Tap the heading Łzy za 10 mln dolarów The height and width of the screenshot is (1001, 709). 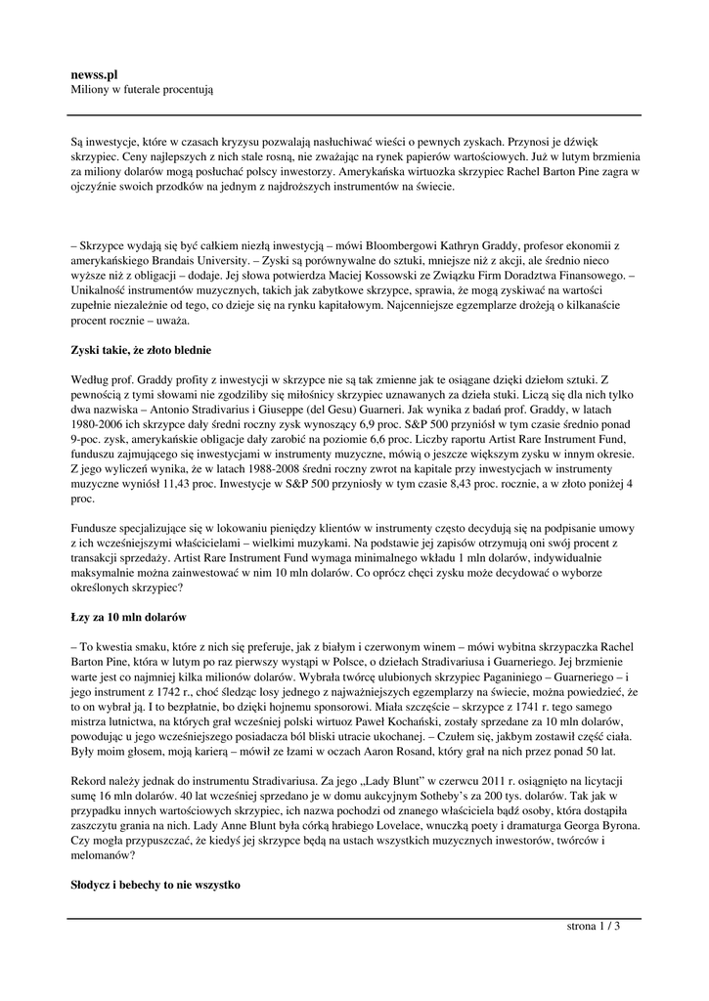[127, 619]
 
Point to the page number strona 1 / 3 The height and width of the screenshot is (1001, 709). [594, 926]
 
